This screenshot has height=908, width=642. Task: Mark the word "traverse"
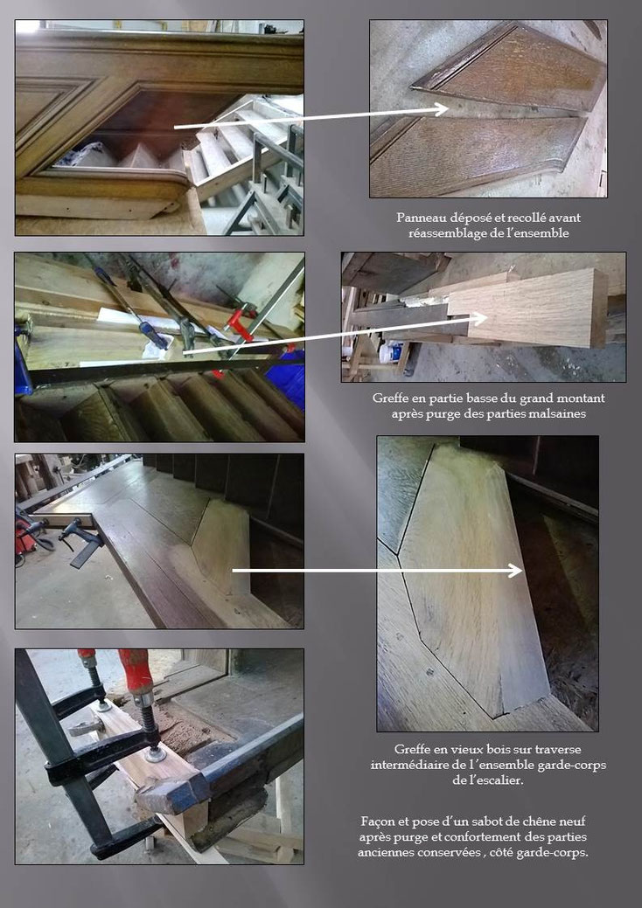pyautogui.click(x=558, y=749)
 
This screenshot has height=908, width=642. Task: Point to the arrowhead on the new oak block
pyautogui.click(x=479, y=318)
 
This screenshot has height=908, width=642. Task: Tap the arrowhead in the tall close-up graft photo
pyautogui.click(x=515, y=571)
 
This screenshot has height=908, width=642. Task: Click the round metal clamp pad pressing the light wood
pyautogui.click(x=155, y=754)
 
